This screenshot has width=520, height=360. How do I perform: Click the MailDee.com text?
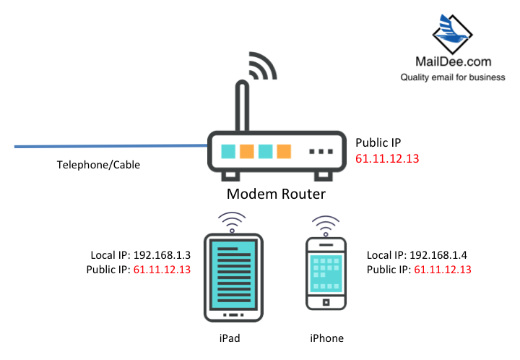[453, 64]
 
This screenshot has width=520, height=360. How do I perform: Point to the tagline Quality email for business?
[453, 77]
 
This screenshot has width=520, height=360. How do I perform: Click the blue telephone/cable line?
[108, 147]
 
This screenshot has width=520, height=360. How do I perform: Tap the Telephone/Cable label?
[98, 165]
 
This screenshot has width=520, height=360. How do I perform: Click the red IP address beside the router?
[387, 158]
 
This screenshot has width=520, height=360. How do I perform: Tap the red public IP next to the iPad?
[161, 269]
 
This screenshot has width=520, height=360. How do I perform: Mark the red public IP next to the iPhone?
[442, 269]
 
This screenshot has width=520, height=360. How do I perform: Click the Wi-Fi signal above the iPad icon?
[233, 219]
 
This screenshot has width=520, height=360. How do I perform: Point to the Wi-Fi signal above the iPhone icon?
[326, 223]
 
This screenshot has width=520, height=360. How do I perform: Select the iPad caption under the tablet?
[232, 338]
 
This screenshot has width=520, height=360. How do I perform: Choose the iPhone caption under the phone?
[326, 338]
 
